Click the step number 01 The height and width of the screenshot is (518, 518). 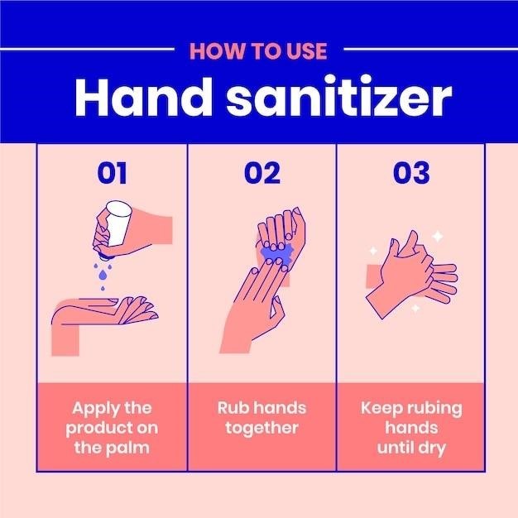(112, 173)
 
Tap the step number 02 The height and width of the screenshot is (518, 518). (262, 173)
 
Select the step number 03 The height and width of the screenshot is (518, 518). (411, 173)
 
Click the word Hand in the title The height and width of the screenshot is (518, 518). (143, 98)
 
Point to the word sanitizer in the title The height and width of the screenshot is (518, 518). (339, 98)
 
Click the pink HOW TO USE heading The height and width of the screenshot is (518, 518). (258, 51)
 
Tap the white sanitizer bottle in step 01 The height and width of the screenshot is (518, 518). (117, 223)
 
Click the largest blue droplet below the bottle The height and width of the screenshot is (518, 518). (103, 275)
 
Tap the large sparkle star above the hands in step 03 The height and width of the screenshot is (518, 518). (438, 237)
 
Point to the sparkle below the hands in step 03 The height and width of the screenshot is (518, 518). (415, 308)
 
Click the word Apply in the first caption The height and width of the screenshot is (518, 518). (93, 409)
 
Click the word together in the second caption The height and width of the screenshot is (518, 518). (262, 429)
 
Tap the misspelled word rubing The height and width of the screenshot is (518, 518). (434, 409)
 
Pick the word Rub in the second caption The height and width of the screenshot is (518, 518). (231, 408)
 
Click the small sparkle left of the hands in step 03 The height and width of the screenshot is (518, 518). (373, 251)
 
